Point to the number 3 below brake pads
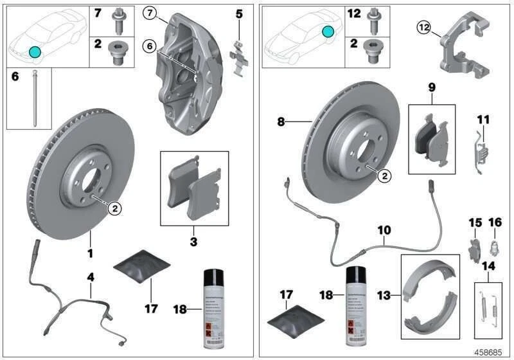193,242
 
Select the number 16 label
495,223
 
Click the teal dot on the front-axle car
34,51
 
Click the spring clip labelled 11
483,149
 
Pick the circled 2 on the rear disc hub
384,174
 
